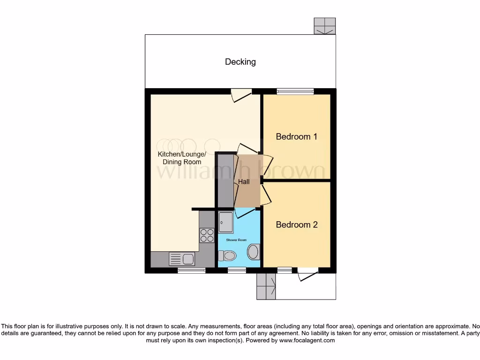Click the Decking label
pyautogui.click(x=240, y=62)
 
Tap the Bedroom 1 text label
pyautogui.click(x=296, y=137)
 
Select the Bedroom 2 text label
pyautogui.click(x=296, y=225)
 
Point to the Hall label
pyautogui.click(x=244, y=181)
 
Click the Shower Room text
pyautogui.click(x=236, y=240)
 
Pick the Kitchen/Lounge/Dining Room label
pyautogui.click(x=181, y=158)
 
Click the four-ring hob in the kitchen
pyautogui.click(x=207, y=234)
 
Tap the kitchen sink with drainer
pyautogui.click(x=182, y=259)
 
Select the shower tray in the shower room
pyautogui.click(x=226, y=222)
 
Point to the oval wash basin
pyautogui.click(x=253, y=252)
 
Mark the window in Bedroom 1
pyautogui.click(x=295, y=91)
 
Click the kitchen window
pyautogui.click(x=191, y=270)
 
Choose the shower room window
pyautogui.click(x=237, y=270)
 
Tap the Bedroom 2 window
pyautogui.click(x=284, y=270)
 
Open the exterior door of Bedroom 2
pyautogui.click(x=307, y=274)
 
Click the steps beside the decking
pyautogui.click(x=325, y=26)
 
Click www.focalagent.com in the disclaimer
pyautogui.click(x=307, y=341)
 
